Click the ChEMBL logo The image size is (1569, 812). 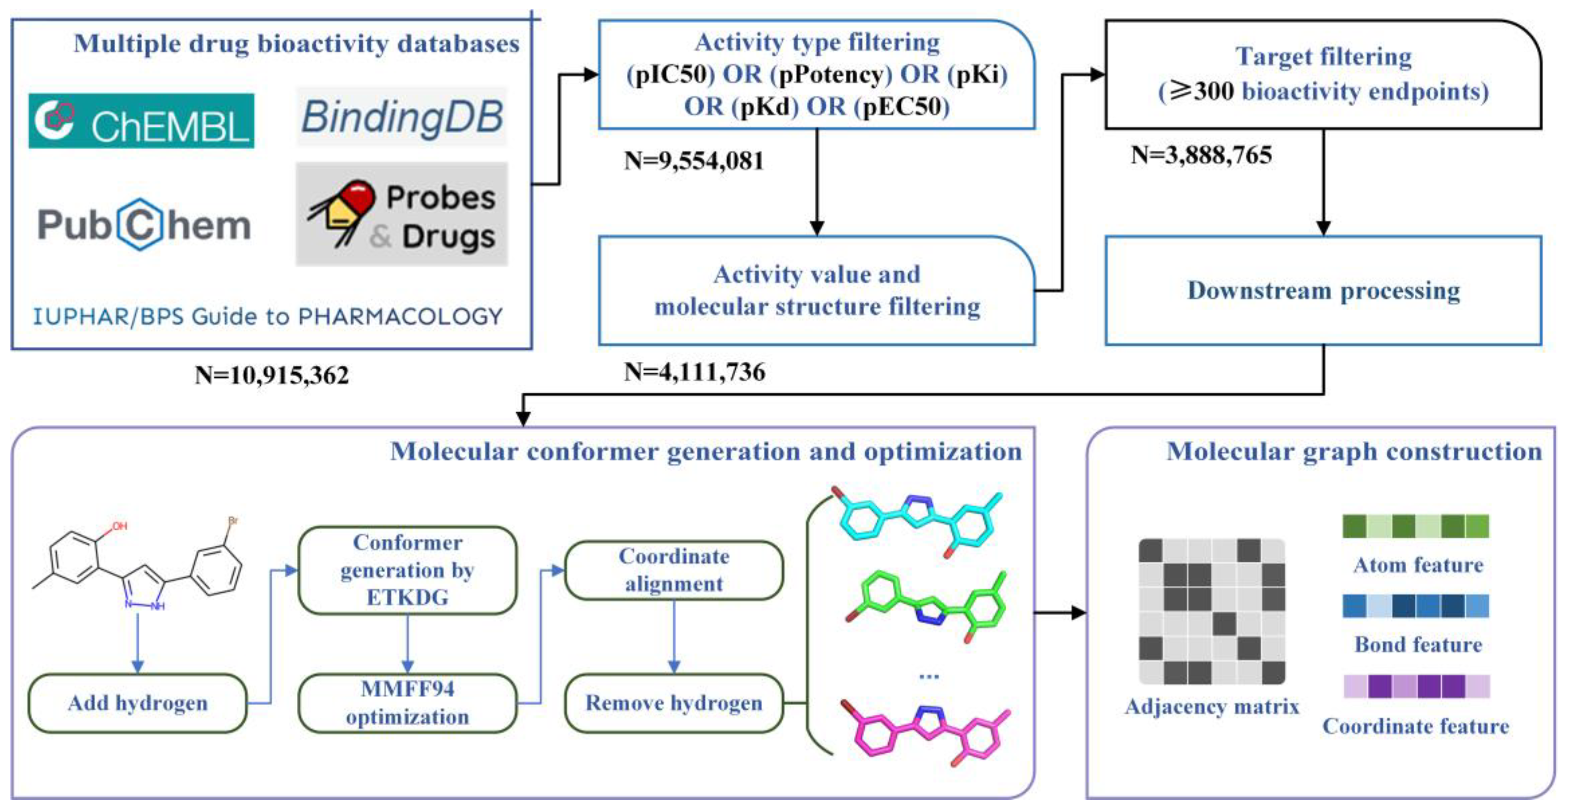141,121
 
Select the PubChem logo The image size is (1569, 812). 144,225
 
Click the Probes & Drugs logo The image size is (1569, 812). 402,215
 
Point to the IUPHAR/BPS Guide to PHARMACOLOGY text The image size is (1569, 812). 268,316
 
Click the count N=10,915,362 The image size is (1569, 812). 272,375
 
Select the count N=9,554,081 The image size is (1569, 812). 694,161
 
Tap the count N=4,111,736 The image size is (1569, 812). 694,372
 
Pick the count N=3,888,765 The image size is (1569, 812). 1201,155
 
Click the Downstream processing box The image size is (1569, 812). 1323,291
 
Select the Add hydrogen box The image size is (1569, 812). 138,703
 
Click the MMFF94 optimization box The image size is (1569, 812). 408,703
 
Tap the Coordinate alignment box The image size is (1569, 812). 674,570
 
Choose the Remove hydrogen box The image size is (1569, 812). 674,703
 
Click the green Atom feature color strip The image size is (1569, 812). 1416,526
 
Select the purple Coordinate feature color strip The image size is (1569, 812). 1417,686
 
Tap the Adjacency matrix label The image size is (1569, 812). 1212,706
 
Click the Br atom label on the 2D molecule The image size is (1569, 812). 233,521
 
